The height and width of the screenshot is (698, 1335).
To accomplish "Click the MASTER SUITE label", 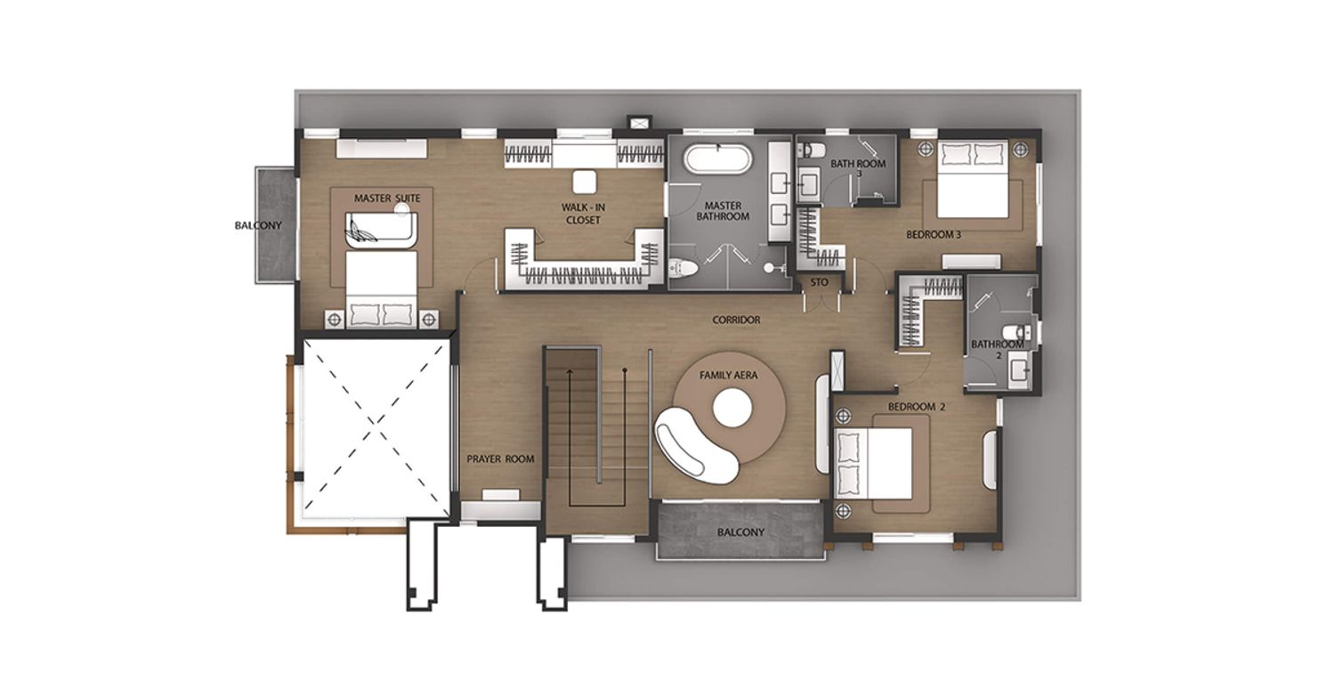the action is click(x=387, y=198).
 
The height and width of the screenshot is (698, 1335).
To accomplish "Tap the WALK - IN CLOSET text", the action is click(x=584, y=214).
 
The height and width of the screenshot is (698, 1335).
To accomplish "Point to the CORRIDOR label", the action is click(x=736, y=321).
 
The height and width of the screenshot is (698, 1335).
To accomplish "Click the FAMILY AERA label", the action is click(x=728, y=375).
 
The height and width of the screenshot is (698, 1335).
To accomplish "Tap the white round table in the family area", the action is click(x=732, y=408).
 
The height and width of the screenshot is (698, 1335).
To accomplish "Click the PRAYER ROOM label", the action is click(x=500, y=459).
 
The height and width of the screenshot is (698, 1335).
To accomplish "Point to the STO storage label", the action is click(x=819, y=282).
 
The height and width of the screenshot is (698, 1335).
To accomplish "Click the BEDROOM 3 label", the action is click(x=934, y=235).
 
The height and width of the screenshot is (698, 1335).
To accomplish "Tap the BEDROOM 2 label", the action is click(x=917, y=407).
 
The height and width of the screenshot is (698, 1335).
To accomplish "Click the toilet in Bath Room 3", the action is click(x=811, y=149).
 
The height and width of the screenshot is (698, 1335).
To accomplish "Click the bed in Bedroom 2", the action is click(x=874, y=464).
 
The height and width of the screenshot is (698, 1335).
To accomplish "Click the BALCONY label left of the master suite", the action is click(x=258, y=226).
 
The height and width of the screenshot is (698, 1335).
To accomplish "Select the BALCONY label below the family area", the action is click(x=740, y=532).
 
